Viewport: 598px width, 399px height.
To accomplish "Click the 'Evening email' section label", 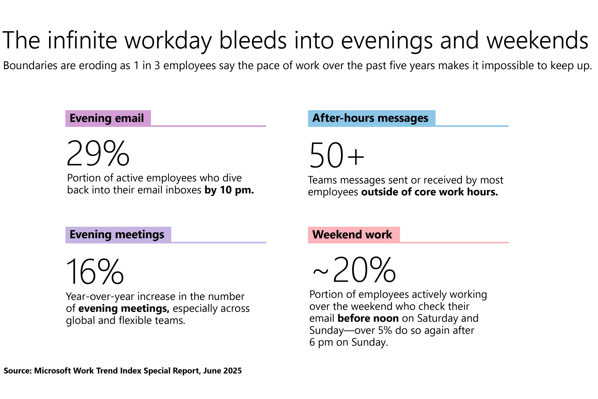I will [x=107, y=118].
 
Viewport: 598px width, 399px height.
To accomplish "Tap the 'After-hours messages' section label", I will [x=370, y=118].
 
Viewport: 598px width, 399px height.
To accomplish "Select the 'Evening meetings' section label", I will [x=117, y=235].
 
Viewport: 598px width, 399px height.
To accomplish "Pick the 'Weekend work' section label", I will [x=352, y=235].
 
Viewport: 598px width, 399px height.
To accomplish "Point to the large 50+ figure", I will [x=337, y=155].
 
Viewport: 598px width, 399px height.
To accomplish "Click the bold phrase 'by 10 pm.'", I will [x=229, y=190].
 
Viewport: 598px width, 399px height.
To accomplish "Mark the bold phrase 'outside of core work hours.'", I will [x=429, y=192].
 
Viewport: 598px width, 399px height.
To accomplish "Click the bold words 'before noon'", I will [x=368, y=318].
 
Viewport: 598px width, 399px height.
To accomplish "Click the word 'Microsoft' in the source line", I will [x=52, y=371].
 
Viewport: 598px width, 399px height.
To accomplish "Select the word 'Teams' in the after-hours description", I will [x=322, y=180].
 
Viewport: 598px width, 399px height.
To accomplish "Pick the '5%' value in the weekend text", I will [x=385, y=331].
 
